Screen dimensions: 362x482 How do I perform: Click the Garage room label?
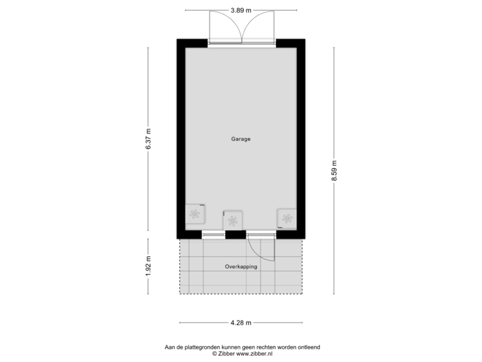pos(241,139)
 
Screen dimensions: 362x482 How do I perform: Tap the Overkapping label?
pos(241,266)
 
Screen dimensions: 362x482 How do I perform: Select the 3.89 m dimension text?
pos(241,10)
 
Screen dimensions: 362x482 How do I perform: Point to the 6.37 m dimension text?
pos(149,139)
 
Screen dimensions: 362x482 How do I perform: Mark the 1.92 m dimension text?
pos(149,265)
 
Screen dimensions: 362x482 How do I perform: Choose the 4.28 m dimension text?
pos(241,323)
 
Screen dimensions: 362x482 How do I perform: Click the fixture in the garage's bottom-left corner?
pos(195,215)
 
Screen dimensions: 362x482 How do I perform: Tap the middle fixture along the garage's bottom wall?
pos(232,219)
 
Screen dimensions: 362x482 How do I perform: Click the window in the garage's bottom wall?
pos(214,234)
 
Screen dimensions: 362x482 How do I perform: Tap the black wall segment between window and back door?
pos(236,234)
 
